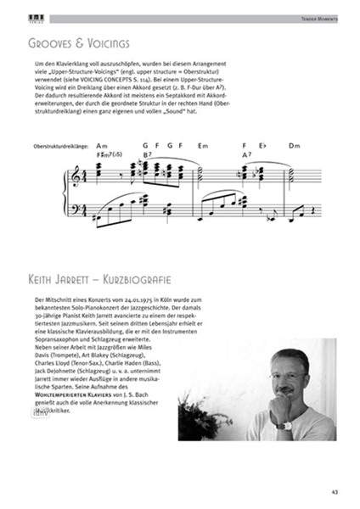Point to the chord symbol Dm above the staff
click(295, 146)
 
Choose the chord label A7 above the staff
click(246, 155)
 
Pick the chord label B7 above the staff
click(147, 155)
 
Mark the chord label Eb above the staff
click(262, 146)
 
